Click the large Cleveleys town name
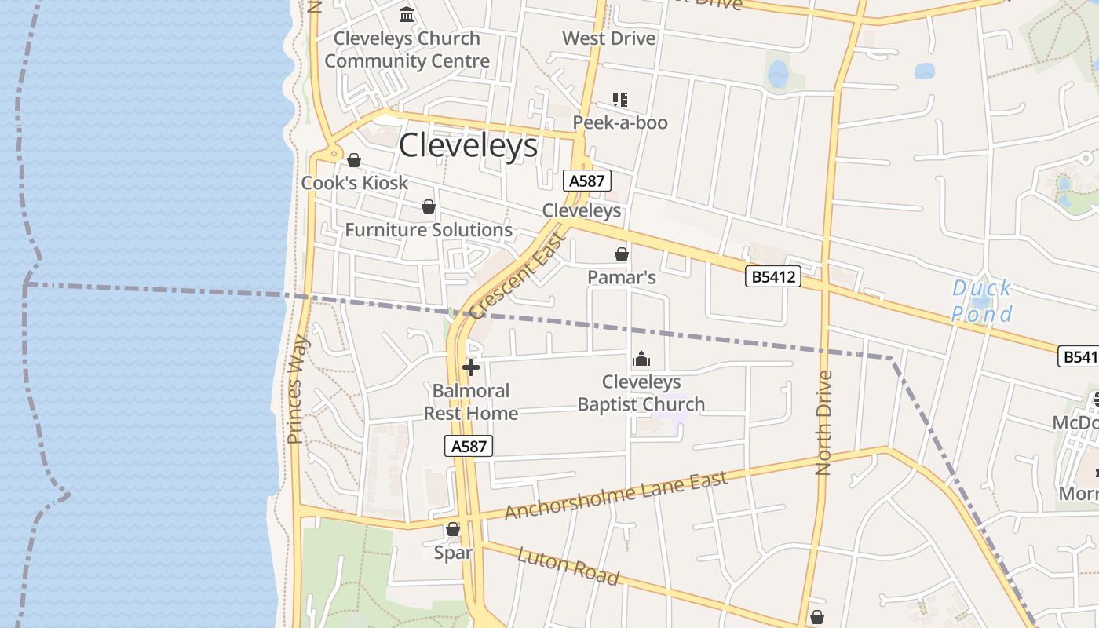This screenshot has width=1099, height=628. pyautogui.click(x=469, y=146)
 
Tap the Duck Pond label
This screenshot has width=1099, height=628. pyautogui.click(x=982, y=301)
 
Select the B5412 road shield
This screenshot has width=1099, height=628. pyautogui.click(x=773, y=276)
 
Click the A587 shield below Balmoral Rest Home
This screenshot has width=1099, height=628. pyautogui.click(x=469, y=446)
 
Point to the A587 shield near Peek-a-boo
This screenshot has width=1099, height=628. pyautogui.click(x=586, y=181)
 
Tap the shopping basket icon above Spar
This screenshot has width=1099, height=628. pyautogui.click(x=453, y=530)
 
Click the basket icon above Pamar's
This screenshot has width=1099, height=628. pyautogui.click(x=622, y=254)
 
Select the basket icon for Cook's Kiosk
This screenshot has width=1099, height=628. pyautogui.click(x=354, y=160)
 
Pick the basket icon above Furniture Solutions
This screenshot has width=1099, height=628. pyautogui.click(x=429, y=206)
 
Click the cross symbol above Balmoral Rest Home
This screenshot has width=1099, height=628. pyautogui.click(x=471, y=367)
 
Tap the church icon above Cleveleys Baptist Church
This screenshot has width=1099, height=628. pyautogui.click(x=641, y=359)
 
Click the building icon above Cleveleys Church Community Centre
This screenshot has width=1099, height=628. pyautogui.click(x=407, y=14)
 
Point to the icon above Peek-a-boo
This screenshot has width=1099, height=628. pyautogui.click(x=620, y=100)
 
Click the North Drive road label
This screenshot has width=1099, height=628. pyautogui.click(x=823, y=422)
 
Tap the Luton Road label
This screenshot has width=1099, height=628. pyautogui.click(x=568, y=566)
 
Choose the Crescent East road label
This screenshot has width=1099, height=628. pyautogui.click(x=517, y=275)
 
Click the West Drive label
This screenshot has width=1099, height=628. pyautogui.click(x=609, y=38)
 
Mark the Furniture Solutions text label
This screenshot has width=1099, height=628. pyautogui.click(x=429, y=230)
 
